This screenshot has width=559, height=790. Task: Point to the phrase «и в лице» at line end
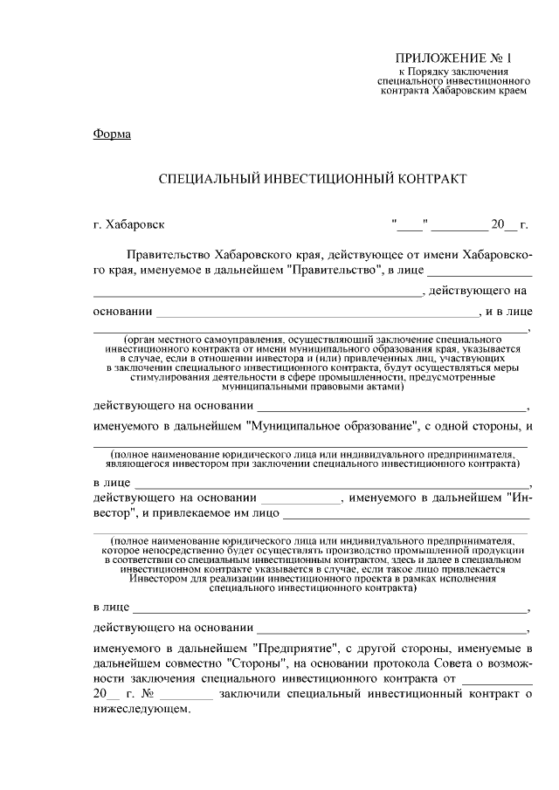point(507,312)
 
